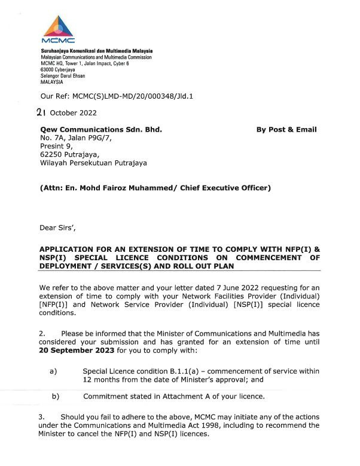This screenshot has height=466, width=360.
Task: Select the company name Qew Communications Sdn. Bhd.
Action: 100,129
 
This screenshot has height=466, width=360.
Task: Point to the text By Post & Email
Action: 286,129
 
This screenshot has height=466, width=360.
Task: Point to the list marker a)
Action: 53,371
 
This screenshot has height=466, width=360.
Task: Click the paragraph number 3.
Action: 41,416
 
